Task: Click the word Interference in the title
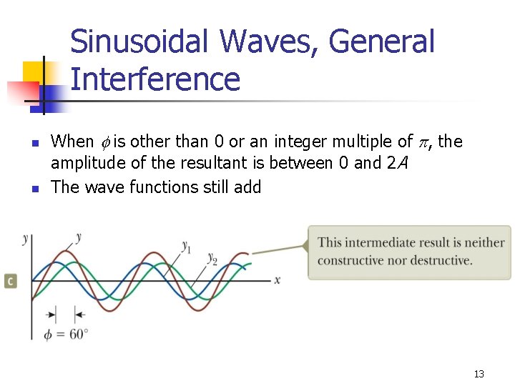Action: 155,79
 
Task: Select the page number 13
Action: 479,374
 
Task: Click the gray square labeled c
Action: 10,281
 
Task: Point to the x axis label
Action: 278,279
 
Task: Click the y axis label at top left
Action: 26,238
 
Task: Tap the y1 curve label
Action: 186,247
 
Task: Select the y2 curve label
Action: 212,257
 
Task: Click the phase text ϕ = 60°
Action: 66,334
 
